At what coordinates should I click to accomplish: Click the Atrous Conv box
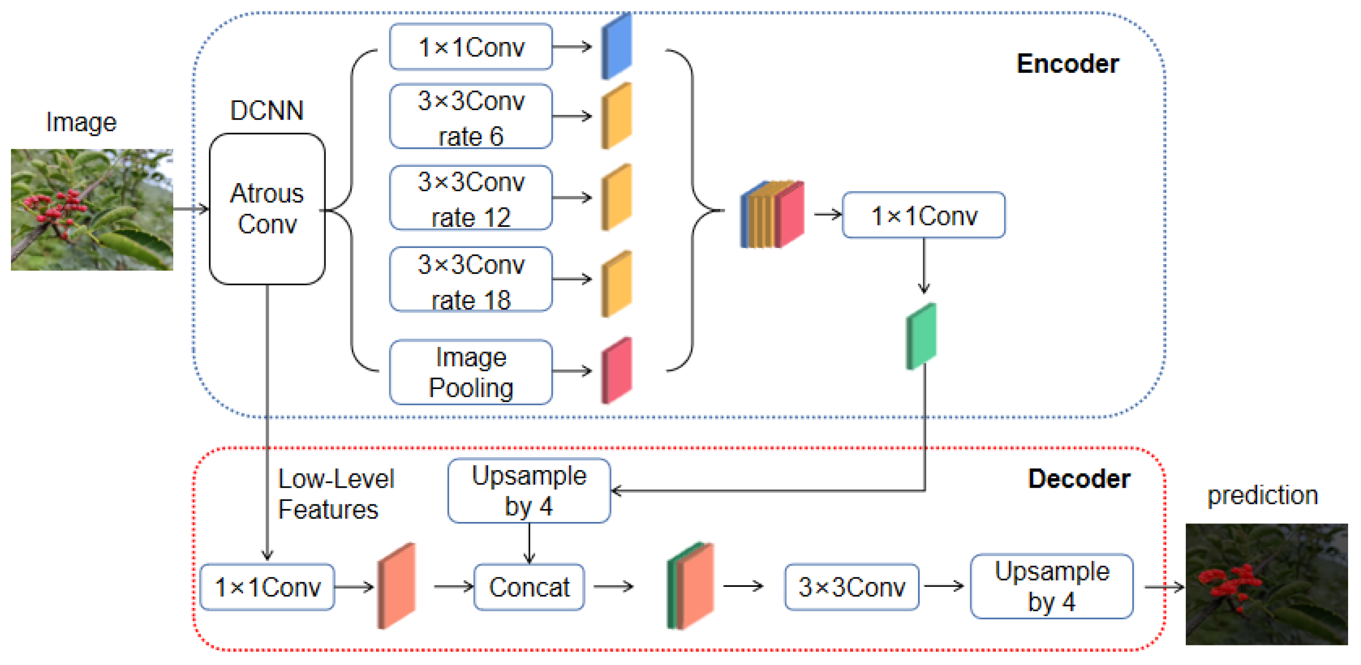click(x=267, y=209)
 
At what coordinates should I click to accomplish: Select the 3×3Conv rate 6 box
click(x=471, y=116)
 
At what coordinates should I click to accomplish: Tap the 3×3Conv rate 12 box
click(x=471, y=198)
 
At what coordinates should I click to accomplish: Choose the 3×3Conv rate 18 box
click(x=471, y=280)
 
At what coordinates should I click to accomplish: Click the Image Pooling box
click(x=471, y=372)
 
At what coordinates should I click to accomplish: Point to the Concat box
click(x=529, y=587)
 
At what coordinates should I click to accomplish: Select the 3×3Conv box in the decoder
click(x=852, y=587)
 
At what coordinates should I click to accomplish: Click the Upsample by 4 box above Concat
click(x=529, y=491)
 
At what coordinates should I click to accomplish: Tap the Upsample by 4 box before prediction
click(x=1052, y=586)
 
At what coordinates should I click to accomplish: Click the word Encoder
click(x=1068, y=64)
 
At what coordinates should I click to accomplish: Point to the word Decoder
click(x=1079, y=479)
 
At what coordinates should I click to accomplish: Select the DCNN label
click(x=267, y=110)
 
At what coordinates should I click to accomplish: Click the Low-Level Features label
click(x=336, y=494)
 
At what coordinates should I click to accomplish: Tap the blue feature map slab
click(x=617, y=46)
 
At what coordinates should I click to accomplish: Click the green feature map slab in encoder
click(x=921, y=336)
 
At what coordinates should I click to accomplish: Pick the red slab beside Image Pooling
click(x=617, y=370)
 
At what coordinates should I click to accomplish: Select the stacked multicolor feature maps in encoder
click(x=772, y=215)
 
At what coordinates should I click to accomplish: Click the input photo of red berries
click(x=92, y=210)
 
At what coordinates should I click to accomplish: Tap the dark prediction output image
click(x=1267, y=584)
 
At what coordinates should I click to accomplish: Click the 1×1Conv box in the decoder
click(x=267, y=587)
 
